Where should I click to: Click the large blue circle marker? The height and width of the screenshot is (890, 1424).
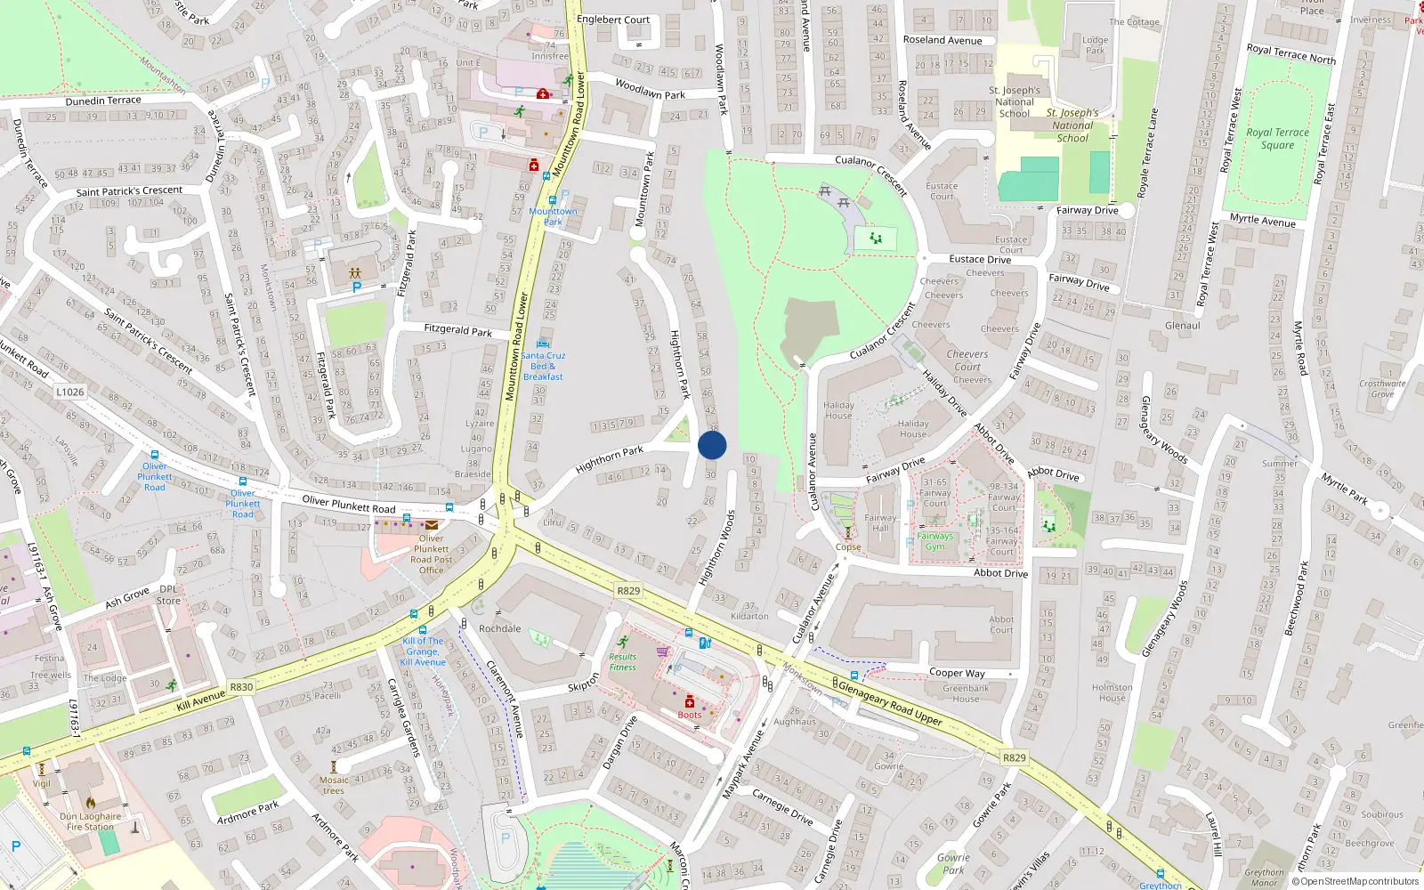point(712,445)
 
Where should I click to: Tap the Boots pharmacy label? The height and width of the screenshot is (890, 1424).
point(690,715)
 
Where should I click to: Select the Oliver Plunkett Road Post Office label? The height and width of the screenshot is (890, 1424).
point(432,554)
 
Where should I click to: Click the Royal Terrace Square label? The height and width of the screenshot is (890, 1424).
point(1277,139)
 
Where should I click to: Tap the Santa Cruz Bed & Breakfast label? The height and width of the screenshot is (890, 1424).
point(543,366)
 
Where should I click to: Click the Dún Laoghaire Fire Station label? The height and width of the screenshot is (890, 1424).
point(90,821)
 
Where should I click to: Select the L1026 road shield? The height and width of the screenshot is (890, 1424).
point(69,392)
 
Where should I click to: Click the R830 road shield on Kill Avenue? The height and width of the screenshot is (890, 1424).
point(241,687)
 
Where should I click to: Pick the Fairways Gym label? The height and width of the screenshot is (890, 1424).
point(934,541)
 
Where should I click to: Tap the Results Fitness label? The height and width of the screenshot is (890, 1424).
point(623,662)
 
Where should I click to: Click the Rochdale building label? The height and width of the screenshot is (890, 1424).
point(500,628)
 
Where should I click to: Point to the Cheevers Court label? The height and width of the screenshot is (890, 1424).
point(967,360)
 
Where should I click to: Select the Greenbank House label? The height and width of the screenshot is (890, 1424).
point(966,693)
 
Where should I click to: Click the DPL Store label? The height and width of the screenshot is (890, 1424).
point(168,595)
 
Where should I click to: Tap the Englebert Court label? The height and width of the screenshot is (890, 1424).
point(613,20)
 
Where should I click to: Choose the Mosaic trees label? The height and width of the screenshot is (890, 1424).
point(334,785)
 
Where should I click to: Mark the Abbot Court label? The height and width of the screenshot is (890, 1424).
point(1001,625)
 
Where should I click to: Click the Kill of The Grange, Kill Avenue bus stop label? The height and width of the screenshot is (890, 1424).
point(423,651)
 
